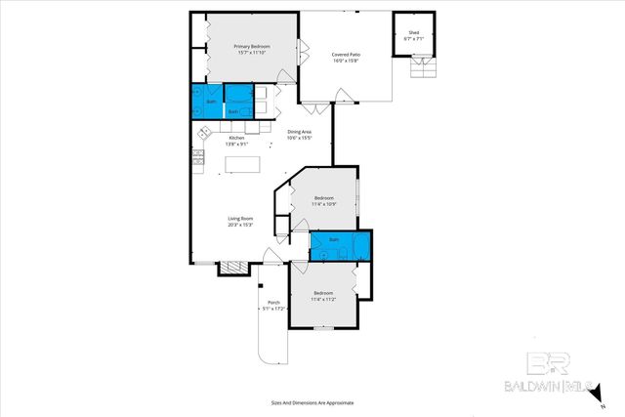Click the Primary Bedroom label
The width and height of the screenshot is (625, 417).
[x=251, y=47]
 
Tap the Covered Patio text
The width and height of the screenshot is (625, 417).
[x=346, y=55]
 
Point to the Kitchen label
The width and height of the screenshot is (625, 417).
[x=235, y=138]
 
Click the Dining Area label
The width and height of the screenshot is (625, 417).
[x=298, y=132]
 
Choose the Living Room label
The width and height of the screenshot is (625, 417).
[x=240, y=220]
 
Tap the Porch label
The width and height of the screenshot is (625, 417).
[x=273, y=303]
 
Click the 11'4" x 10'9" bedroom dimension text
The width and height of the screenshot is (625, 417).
[x=324, y=204]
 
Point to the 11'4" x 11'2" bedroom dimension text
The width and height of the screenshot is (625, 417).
[x=324, y=298]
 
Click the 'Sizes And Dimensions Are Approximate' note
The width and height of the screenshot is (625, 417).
[x=312, y=402]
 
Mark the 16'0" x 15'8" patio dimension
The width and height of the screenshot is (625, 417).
[x=346, y=61]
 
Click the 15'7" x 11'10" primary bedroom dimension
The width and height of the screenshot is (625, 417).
[x=251, y=53]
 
